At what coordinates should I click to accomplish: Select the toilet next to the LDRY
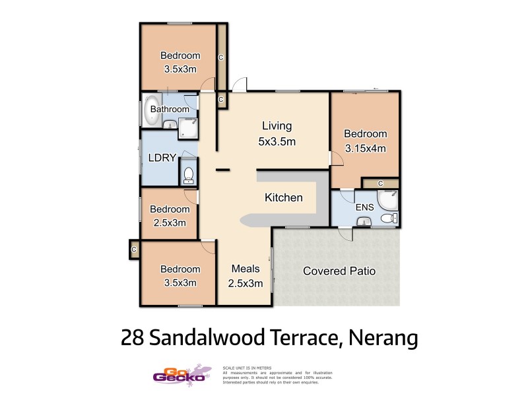(x=188, y=175)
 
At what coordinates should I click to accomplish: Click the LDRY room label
(x=161, y=158)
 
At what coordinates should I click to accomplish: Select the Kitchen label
(x=284, y=197)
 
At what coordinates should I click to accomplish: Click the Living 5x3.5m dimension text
(x=277, y=141)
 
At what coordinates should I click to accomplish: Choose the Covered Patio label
(x=339, y=271)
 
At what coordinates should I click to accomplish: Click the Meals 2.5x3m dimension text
(x=246, y=284)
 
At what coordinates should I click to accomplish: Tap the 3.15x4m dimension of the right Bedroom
(x=365, y=148)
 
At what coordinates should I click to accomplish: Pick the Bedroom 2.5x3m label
(x=170, y=216)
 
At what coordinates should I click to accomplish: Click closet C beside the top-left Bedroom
(x=221, y=57)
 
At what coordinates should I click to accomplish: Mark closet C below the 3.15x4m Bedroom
(x=381, y=183)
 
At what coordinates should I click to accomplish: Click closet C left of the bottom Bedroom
(x=134, y=249)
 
